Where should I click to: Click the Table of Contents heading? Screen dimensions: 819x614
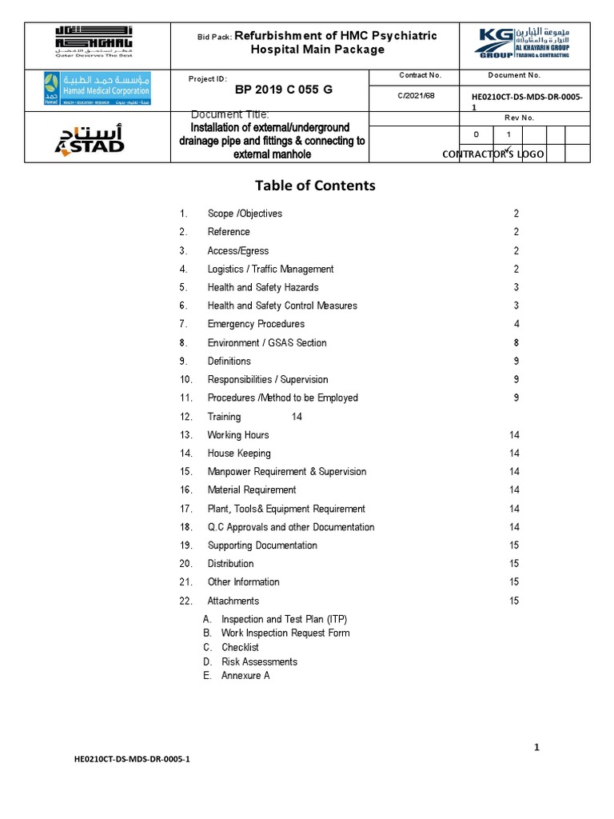(x=314, y=186)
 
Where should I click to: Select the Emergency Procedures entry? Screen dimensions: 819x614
(x=256, y=324)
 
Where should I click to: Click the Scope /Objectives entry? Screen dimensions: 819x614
(x=245, y=214)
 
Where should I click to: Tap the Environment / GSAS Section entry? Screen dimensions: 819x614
(x=267, y=342)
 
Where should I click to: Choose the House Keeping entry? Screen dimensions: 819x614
(x=239, y=453)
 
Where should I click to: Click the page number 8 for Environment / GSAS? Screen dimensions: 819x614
(x=516, y=342)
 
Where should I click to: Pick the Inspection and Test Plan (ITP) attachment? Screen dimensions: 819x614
(x=284, y=619)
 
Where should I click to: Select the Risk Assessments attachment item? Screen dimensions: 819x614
(x=259, y=661)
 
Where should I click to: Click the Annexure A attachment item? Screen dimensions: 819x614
(x=245, y=676)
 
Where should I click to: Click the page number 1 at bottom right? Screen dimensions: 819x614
(x=537, y=747)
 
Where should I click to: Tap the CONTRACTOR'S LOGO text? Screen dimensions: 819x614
(x=492, y=154)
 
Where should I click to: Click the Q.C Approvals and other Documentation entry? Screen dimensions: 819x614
(x=290, y=527)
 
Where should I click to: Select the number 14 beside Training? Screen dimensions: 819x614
(x=297, y=417)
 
